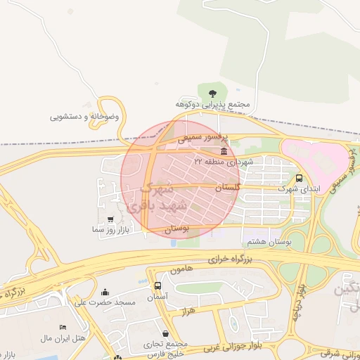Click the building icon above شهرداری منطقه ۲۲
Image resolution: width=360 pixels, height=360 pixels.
[224, 151]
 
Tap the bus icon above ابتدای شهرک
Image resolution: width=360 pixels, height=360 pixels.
[300, 178]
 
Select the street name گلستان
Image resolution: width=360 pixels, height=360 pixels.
[227, 188]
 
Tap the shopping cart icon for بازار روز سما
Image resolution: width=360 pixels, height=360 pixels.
[110, 219]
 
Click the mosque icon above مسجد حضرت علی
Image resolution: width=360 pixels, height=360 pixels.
[105, 292]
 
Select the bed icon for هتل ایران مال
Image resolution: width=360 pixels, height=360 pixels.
[63, 328]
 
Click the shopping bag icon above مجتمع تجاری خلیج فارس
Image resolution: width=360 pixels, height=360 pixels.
[165, 333]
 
